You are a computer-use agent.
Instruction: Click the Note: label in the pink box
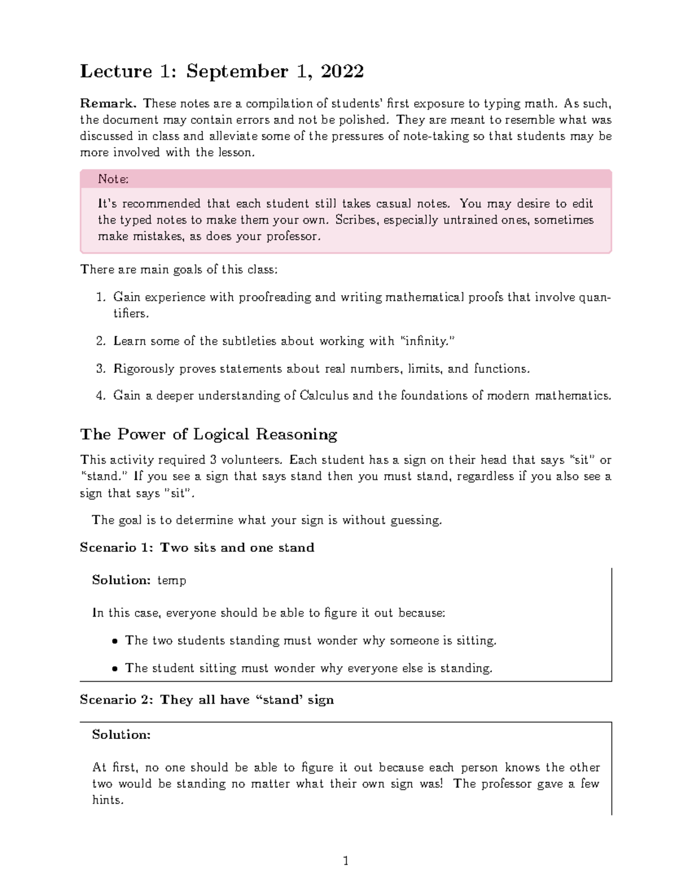tap(113, 179)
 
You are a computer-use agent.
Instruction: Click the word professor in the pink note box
tap(294, 237)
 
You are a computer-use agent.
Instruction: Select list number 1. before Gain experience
tap(101, 297)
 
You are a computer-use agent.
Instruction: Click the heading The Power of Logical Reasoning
tap(208, 434)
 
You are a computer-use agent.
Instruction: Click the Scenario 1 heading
tap(197, 547)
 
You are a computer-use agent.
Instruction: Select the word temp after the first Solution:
tap(172, 580)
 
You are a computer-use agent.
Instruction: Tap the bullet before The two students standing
tap(115, 641)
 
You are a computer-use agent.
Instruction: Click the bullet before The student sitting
tap(115, 669)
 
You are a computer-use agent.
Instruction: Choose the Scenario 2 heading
tap(206, 700)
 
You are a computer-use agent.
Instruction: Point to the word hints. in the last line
tap(108, 800)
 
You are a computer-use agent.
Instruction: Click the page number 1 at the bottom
tap(345, 862)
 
